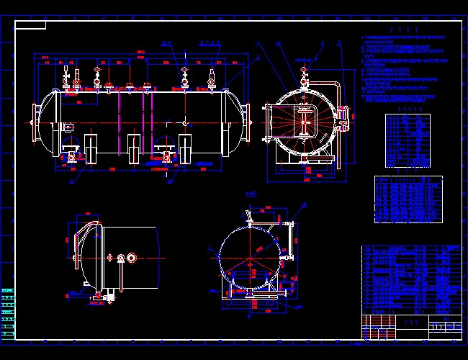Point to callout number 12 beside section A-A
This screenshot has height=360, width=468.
point(304,205)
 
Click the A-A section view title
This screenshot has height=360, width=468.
point(251,194)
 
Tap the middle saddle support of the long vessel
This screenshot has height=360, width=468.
point(135,148)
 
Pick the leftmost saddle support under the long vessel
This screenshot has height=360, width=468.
point(92,148)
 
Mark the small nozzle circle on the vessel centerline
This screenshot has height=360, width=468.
point(185,123)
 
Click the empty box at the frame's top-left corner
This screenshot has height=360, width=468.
point(30,25)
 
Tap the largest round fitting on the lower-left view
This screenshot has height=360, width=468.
point(132,258)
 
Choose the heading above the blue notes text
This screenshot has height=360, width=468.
point(404,30)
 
